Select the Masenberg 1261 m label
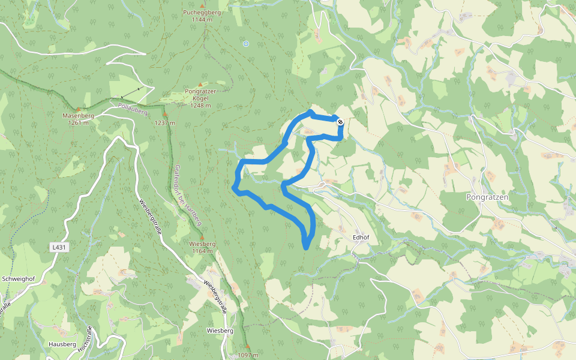[78, 119]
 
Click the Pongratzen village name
[487, 197]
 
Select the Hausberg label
[64, 345]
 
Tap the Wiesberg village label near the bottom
[220, 331]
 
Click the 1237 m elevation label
[165, 122]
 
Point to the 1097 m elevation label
[247, 355]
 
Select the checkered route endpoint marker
[340, 122]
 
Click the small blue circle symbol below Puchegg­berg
[245, 43]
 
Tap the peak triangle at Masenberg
[77, 109]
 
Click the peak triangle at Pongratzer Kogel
[200, 84]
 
